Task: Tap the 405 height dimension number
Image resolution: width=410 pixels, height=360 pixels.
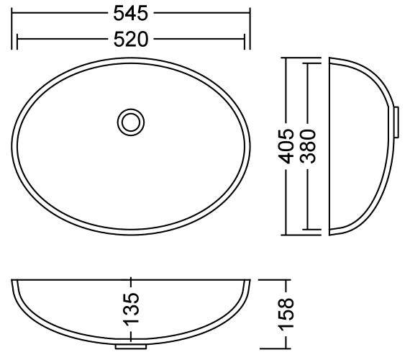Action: click(x=286, y=147)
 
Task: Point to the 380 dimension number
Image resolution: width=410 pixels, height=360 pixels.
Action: click(x=309, y=147)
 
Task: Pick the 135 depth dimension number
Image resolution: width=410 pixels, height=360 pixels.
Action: click(x=130, y=308)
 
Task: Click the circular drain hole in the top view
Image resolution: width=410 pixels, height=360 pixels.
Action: click(x=130, y=121)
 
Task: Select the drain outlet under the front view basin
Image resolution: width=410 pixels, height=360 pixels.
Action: click(x=130, y=346)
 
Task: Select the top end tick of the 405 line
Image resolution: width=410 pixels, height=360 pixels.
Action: click(x=286, y=57)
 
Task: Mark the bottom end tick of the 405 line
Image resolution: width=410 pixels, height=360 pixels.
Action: click(x=286, y=235)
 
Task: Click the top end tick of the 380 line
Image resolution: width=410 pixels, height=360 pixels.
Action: click(x=309, y=63)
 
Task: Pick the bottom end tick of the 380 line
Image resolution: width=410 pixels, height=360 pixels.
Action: click(x=309, y=230)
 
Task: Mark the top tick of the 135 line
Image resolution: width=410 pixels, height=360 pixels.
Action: click(x=130, y=278)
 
